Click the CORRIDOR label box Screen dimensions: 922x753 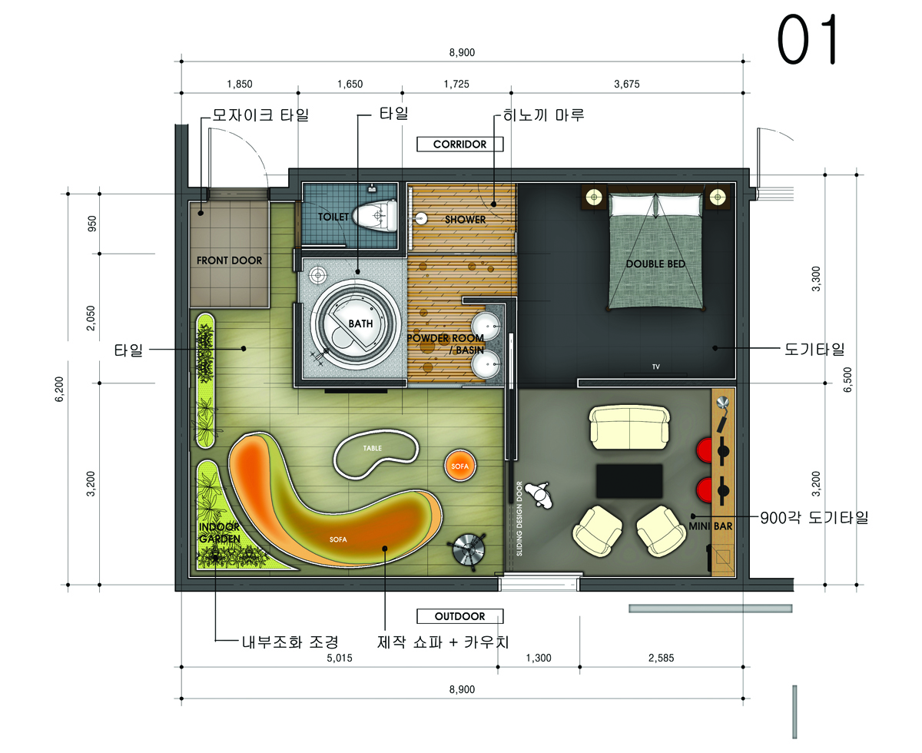459,144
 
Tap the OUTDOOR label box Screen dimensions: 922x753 459,616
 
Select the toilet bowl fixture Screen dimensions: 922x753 376,216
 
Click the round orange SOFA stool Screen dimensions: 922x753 459,466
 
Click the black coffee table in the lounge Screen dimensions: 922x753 629,481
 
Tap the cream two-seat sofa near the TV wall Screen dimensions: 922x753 629,428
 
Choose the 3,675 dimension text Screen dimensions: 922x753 626,84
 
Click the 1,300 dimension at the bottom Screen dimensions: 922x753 538,658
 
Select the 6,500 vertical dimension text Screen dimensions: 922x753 847,380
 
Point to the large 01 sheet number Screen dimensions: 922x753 808,39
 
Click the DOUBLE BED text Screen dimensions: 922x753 655,264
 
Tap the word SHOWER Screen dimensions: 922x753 465,220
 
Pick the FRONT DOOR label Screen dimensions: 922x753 229,260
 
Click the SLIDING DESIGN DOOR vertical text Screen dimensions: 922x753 519,519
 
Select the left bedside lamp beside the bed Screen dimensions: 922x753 594,197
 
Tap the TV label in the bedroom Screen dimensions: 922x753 655,367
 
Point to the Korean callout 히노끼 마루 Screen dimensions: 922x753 543,115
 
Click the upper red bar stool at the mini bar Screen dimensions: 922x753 705,450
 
